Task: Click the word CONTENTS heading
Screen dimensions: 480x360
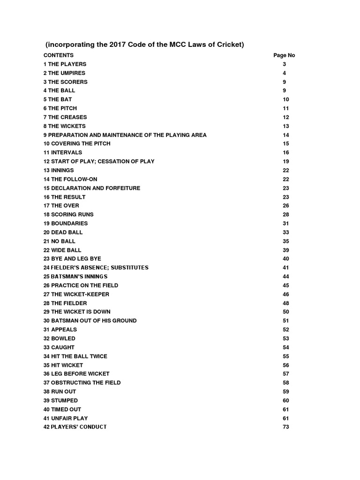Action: coord(59,55)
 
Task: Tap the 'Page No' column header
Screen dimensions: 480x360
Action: coord(284,55)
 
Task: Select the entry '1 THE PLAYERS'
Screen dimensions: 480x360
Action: coord(65,64)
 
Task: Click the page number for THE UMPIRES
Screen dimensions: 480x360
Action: coord(284,73)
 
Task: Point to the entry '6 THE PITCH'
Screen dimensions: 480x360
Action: coord(61,108)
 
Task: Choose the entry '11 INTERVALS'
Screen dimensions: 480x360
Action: coord(62,152)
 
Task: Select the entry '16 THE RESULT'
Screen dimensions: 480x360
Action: coord(64,197)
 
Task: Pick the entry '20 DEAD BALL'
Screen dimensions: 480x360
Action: coord(63,232)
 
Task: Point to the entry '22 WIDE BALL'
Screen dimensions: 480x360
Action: coord(62,250)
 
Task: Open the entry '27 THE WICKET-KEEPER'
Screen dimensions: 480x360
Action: coord(76,294)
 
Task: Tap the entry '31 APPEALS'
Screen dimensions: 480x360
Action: coord(60,330)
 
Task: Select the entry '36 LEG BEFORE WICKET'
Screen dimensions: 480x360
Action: coord(76,374)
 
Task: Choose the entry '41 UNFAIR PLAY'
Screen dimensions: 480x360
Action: coord(65,418)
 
